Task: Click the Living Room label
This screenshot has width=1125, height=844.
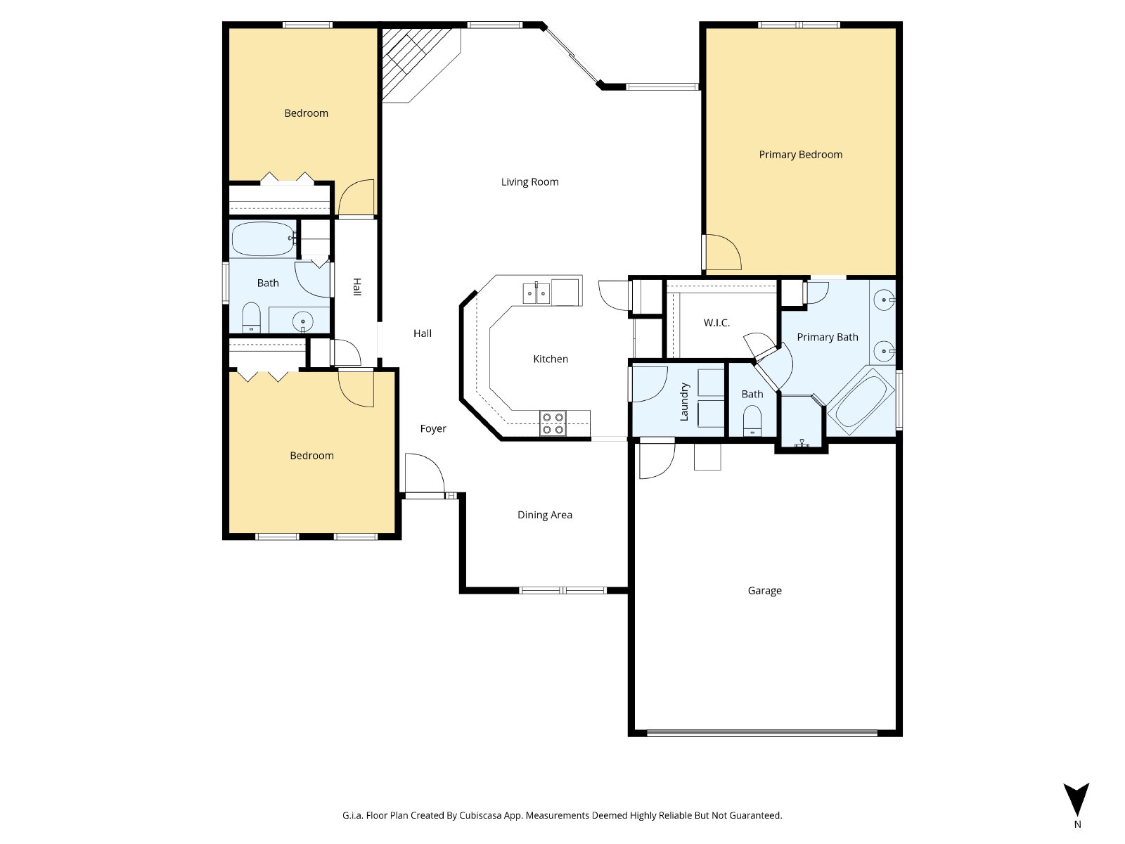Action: [529, 182]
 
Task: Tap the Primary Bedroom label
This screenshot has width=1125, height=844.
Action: [800, 155]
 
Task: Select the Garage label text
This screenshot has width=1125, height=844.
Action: [764, 591]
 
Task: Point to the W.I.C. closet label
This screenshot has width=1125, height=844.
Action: [716, 323]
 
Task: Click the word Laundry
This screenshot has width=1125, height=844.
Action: [683, 402]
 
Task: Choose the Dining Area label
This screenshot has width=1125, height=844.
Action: [544, 515]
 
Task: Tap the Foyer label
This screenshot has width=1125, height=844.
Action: [433, 429]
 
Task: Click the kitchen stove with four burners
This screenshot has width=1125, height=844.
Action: [553, 423]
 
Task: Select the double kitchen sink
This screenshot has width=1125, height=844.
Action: [536, 293]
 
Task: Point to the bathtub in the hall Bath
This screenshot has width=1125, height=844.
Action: [263, 239]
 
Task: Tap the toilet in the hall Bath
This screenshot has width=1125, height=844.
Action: [250, 318]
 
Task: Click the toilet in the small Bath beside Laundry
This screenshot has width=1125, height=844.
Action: [752, 421]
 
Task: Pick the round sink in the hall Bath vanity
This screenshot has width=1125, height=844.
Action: [302, 321]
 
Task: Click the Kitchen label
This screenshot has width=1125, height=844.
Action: [551, 359]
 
